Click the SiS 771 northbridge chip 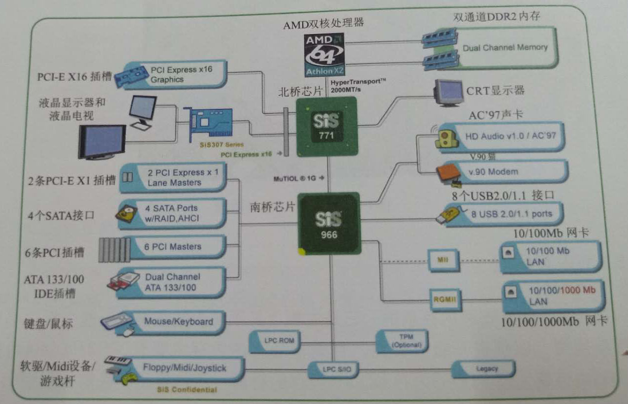tap(326, 127)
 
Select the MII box tap(443, 260)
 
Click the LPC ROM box tap(276, 341)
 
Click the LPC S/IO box tap(330, 369)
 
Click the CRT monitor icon tap(448, 93)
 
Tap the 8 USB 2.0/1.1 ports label tap(511, 214)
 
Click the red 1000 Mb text tap(578, 290)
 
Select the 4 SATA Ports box tap(172, 213)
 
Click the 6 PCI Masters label tap(173, 246)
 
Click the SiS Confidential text tap(187, 390)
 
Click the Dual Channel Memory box tap(504, 48)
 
